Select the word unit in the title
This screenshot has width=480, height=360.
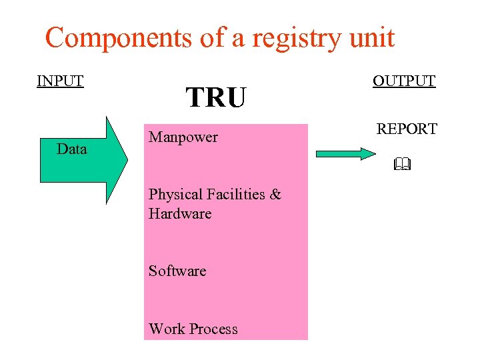click(x=370, y=38)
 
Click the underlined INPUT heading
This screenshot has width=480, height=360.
click(x=60, y=81)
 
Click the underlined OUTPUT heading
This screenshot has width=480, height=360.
click(x=404, y=81)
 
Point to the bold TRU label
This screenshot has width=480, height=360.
click(x=216, y=98)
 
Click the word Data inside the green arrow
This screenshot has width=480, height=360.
click(x=72, y=149)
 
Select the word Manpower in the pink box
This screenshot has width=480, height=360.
click(x=183, y=137)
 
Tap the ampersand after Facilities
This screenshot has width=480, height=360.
click(x=276, y=195)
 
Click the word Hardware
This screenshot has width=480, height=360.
click(x=180, y=214)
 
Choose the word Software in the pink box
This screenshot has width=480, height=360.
click(x=177, y=271)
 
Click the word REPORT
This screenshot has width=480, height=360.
click(x=407, y=129)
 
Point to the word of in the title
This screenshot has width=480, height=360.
click(x=212, y=38)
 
